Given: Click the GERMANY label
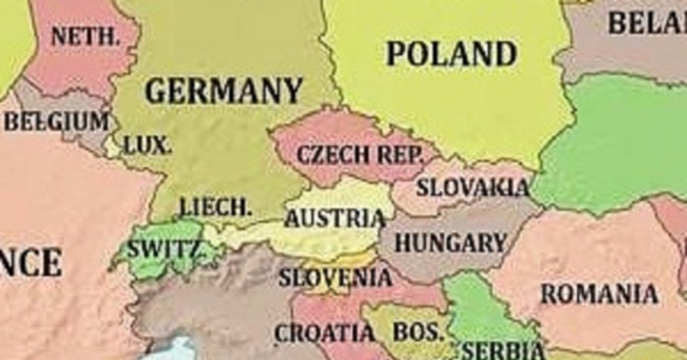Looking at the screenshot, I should click(223, 90).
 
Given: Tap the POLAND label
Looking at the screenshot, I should click(452, 53).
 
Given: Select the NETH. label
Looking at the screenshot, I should click(83, 37).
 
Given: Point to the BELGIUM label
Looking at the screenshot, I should click(57, 121).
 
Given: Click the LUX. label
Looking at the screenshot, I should click(148, 145).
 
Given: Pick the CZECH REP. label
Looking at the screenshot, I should click(360, 156).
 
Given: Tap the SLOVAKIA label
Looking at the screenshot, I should click(472, 186).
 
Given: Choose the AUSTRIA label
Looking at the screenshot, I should click(335, 219).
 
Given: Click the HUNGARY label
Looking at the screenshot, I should click(450, 243).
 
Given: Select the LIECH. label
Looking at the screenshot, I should click(216, 207).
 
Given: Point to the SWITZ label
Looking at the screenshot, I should click(164, 250).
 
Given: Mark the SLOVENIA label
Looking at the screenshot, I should click(335, 278).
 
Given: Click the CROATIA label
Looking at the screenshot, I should click(325, 333).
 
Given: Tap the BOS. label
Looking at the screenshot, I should click(419, 332).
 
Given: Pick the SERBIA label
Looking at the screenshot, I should click(503, 350).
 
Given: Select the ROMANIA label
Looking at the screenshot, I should click(599, 295).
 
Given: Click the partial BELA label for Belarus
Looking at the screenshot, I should click(647, 23).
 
